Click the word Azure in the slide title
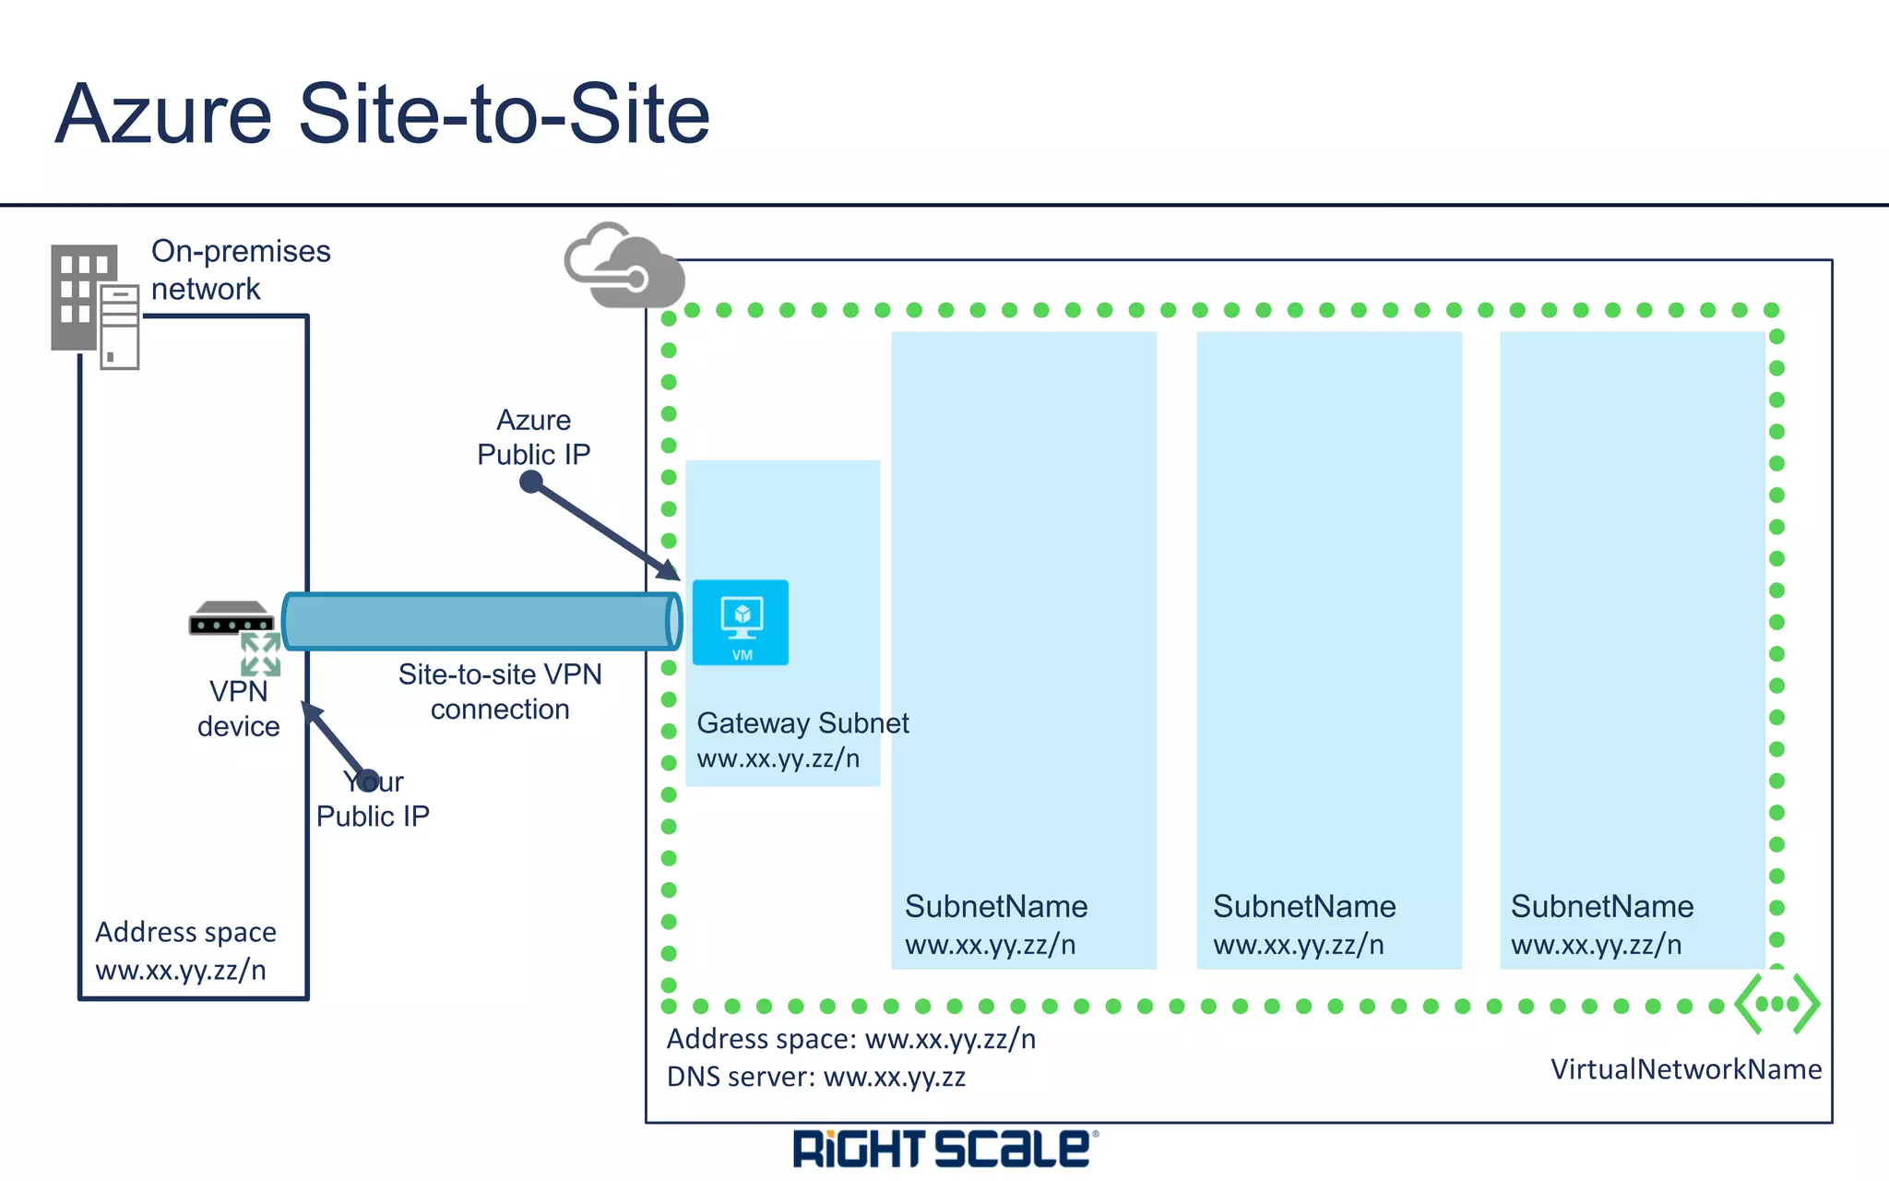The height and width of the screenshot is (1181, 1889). [x=164, y=114]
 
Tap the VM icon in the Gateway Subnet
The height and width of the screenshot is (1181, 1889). [x=741, y=622]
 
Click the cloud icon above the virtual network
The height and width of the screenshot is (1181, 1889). [x=624, y=267]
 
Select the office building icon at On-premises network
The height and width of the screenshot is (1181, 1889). [x=93, y=305]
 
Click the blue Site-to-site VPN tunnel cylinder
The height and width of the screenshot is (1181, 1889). [x=480, y=621]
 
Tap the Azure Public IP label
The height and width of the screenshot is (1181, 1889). [x=533, y=437]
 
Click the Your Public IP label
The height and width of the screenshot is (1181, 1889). [x=373, y=800]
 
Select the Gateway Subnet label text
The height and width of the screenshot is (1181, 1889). [x=802, y=723]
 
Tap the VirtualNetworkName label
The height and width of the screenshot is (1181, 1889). [x=1685, y=1069]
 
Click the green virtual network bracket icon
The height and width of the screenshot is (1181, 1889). [x=1776, y=1003]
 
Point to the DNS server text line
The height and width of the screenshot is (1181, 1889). [x=815, y=1078]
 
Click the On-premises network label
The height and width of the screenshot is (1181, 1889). [x=240, y=269]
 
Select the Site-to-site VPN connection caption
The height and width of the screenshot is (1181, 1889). [x=500, y=692]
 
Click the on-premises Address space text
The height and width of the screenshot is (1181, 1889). [x=185, y=950]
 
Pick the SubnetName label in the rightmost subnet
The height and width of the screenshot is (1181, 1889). [x=1601, y=907]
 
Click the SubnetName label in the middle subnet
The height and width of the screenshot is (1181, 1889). [x=1303, y=907]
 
